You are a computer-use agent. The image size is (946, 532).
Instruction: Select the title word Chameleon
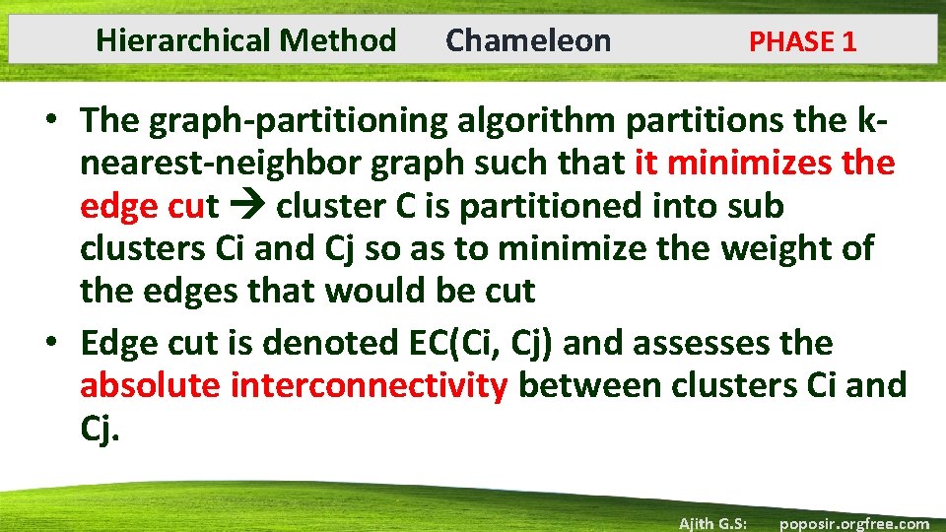click(528, 40)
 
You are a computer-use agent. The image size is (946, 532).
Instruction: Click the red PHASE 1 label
click(802, 41)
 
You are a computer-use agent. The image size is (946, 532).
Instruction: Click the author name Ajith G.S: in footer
click(712, 523)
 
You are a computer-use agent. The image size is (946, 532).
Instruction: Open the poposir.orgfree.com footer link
click(853, 523)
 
